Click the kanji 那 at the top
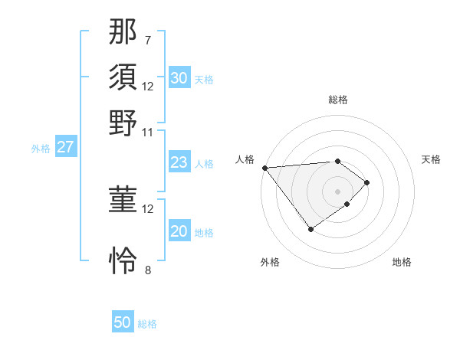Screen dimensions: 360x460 pyautogui.click(x=123, y=31)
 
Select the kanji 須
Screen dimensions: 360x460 pyautogui.click(x=123, y=77)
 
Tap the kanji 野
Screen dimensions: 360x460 pyautogui.click(x=123, y=123)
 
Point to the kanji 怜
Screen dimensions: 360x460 pyautogui.click(x=123, y=260)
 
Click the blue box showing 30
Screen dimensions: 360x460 pyautogui.click(x=179, y=78)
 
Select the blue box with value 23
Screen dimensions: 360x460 pyautogui.click(x=179, y=162)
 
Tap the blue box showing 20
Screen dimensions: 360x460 pyautogui.click(x=179, y=232)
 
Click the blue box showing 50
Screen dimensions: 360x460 pyautogui.click(x=123, y=323)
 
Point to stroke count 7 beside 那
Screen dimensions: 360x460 pyautogui.click(x=148, y=40)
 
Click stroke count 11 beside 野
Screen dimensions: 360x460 pyautogui.click(x=148, y=132)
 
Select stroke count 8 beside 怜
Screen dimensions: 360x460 pyautogui.click(x=148, y=270)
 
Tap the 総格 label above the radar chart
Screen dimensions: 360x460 pyautogui.click(x=338, y=100)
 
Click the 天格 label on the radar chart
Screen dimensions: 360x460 pyautogui.click(x=431, y=159)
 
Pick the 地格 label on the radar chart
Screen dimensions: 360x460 pyautogui.click(x=402, y=262)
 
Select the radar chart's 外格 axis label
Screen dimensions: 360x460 pyautogui.click(x=270, y=262)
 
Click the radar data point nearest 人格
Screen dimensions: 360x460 pyautogui.click(x=264, y=168)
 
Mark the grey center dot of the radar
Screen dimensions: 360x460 pyautogui.click(x=338, y=191)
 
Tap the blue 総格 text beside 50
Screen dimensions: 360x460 pyautogui.click(x=147, y=324)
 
